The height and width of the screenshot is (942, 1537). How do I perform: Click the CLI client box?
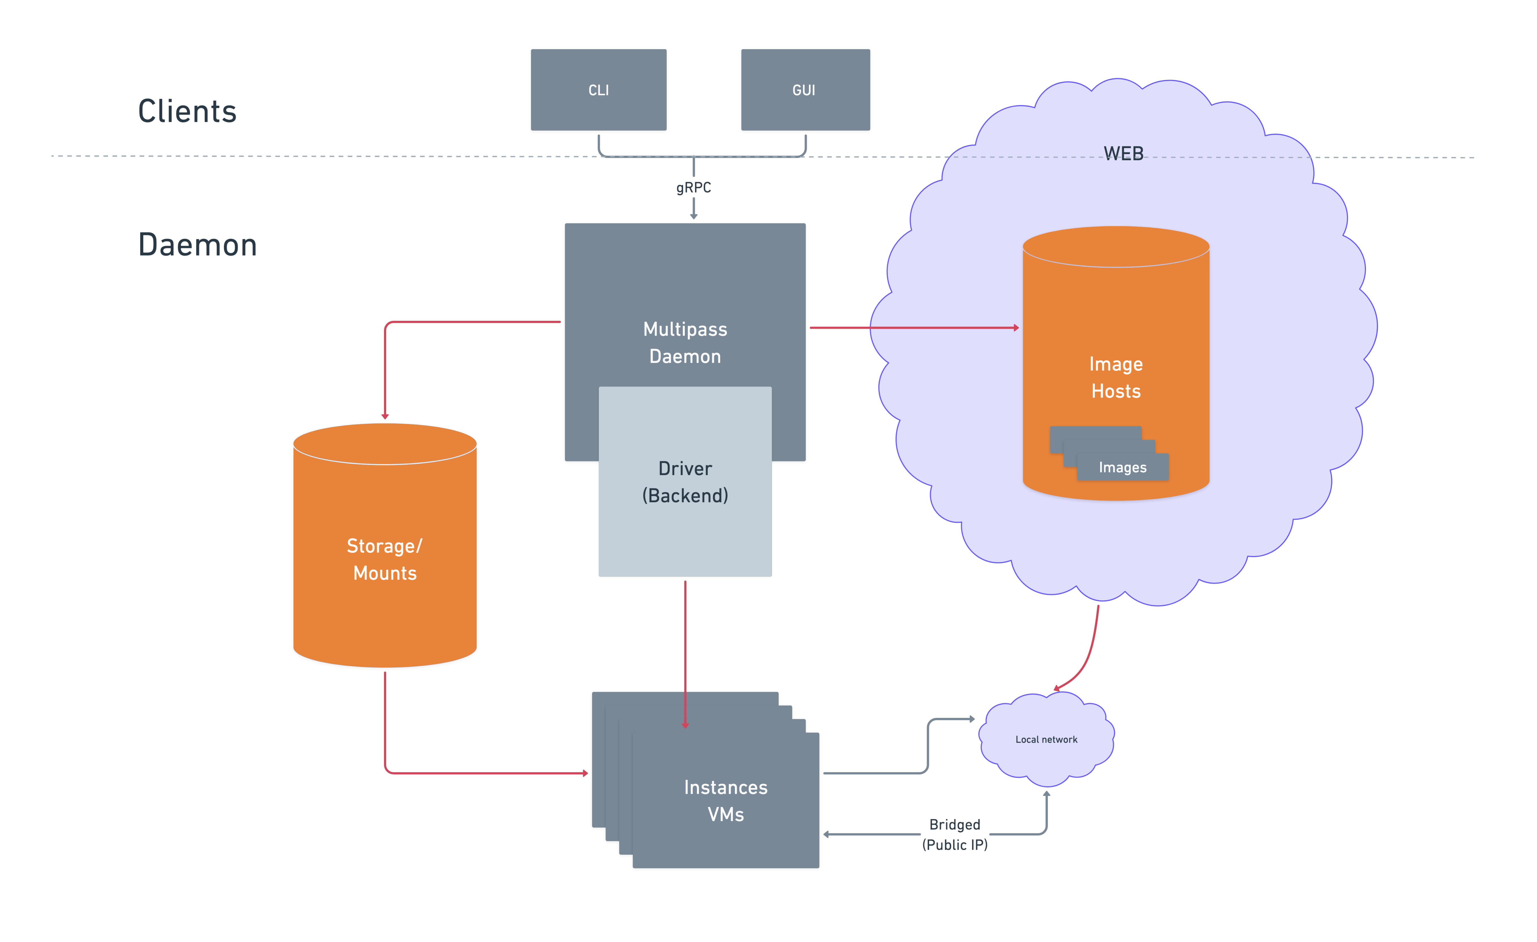click(598, 90)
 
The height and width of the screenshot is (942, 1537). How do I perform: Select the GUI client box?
click(805, 90)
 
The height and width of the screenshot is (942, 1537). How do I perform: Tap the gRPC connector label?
click(693, 188)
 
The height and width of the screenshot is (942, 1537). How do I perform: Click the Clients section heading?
click(187, 112)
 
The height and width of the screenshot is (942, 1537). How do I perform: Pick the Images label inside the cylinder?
click(1122, 468)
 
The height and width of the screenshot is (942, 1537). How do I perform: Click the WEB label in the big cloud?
click(1124, 153)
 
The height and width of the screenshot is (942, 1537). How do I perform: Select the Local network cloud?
click(1046, 739)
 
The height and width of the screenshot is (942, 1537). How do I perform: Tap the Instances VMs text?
click(725, 800)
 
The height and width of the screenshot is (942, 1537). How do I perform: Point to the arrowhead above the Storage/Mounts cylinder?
click(385, 416)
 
